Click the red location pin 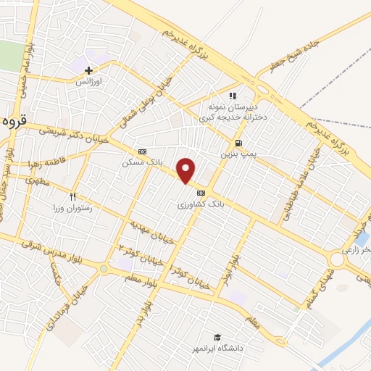tap(186, 170)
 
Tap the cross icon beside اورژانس tap(89, 71)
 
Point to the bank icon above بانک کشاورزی tap(201, 193)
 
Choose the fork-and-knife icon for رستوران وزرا tap(72, 196)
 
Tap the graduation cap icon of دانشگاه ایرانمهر tap(216, 337)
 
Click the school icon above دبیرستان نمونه tap(233, 95)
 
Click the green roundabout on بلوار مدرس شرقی tap(104, 269)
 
